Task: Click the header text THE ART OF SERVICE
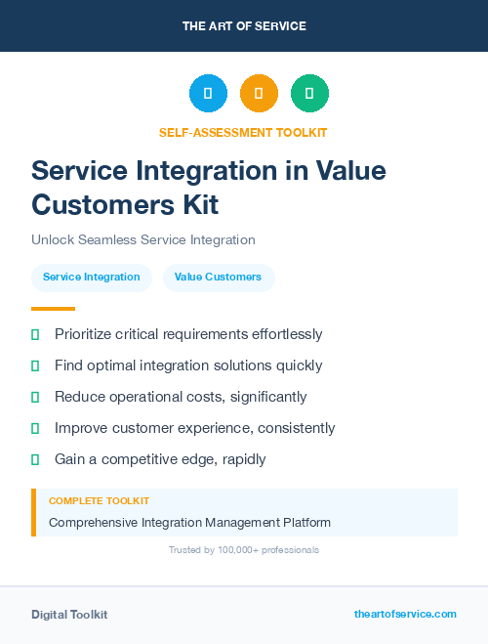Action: click(x=244, y=25)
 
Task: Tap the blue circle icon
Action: click(x=208, y=94)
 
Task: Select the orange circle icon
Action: click(x=259, y=94)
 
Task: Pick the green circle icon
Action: click(x=309, y=94)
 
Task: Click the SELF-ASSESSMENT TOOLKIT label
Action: click(x=243, y=132)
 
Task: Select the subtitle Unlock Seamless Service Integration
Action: click(x=142, y=239)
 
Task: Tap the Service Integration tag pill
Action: click(x=91, y=278)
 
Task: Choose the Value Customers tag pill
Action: click(x=218, y=278)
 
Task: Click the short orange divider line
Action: click(x=53, y=309)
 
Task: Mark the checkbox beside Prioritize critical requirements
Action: click(x=35, y=334)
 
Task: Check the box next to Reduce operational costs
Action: click(x=35, y=397)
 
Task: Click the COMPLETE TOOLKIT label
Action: click(x=93, y=501)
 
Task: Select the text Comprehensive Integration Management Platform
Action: click(x=189, y=523)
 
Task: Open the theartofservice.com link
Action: click(x=405, y=614)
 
